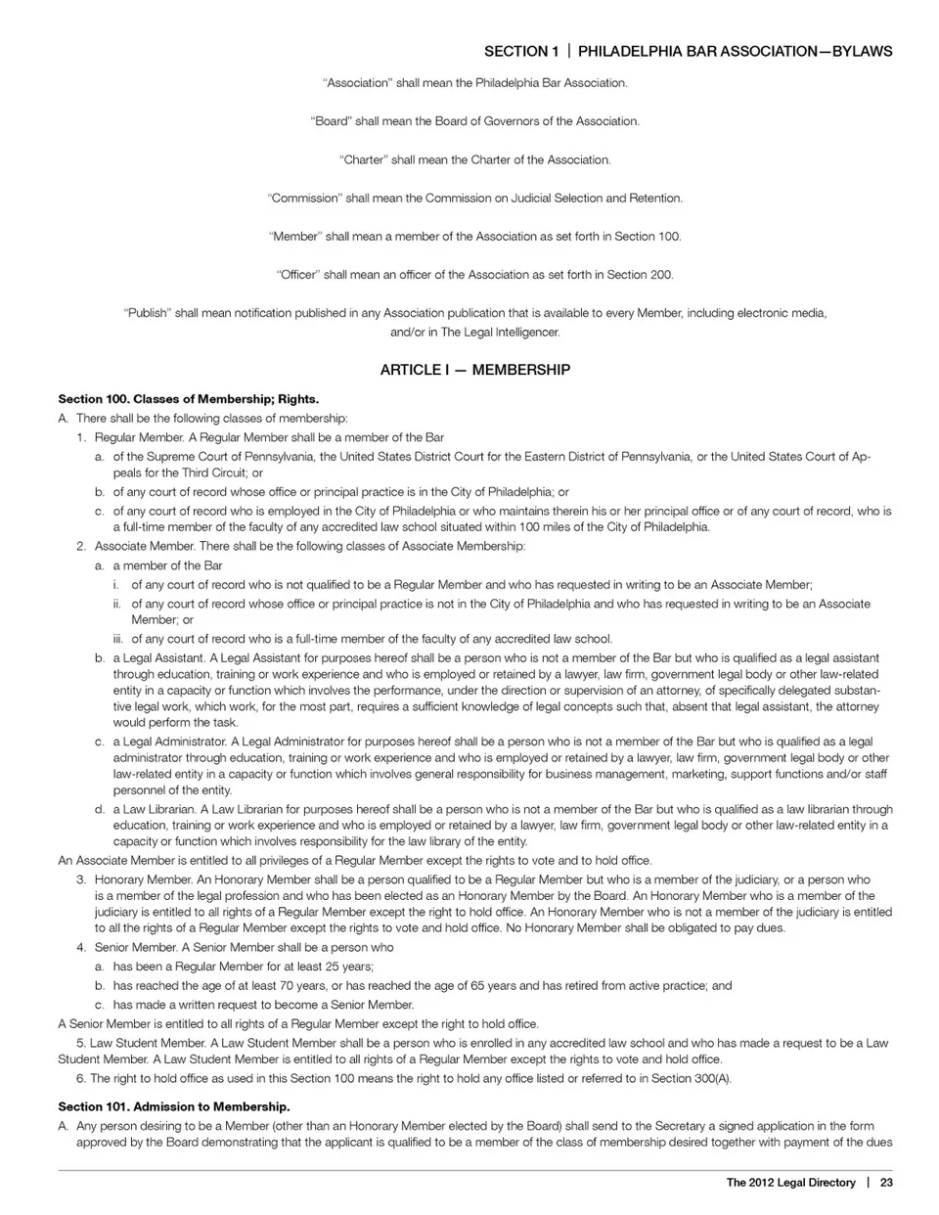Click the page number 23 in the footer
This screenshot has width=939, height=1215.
click(x=886, y=1183)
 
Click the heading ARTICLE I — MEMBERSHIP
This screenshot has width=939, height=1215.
click(x=474, y=370)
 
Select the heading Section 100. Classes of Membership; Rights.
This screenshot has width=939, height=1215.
click(x=189, y=399)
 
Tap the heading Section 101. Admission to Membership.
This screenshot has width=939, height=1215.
click(x=174, y=1106)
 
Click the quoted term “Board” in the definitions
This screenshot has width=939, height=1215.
click(x=331, y=121)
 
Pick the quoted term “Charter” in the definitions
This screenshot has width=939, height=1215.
click(x=362, y=159)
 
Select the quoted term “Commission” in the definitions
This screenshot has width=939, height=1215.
click(x=304, y=198)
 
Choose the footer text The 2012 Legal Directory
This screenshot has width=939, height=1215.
click(x=790, y=1183)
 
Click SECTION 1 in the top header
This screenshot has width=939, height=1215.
click(x=522, y=51)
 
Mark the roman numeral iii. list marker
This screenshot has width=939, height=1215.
click(x=118, y=639)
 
